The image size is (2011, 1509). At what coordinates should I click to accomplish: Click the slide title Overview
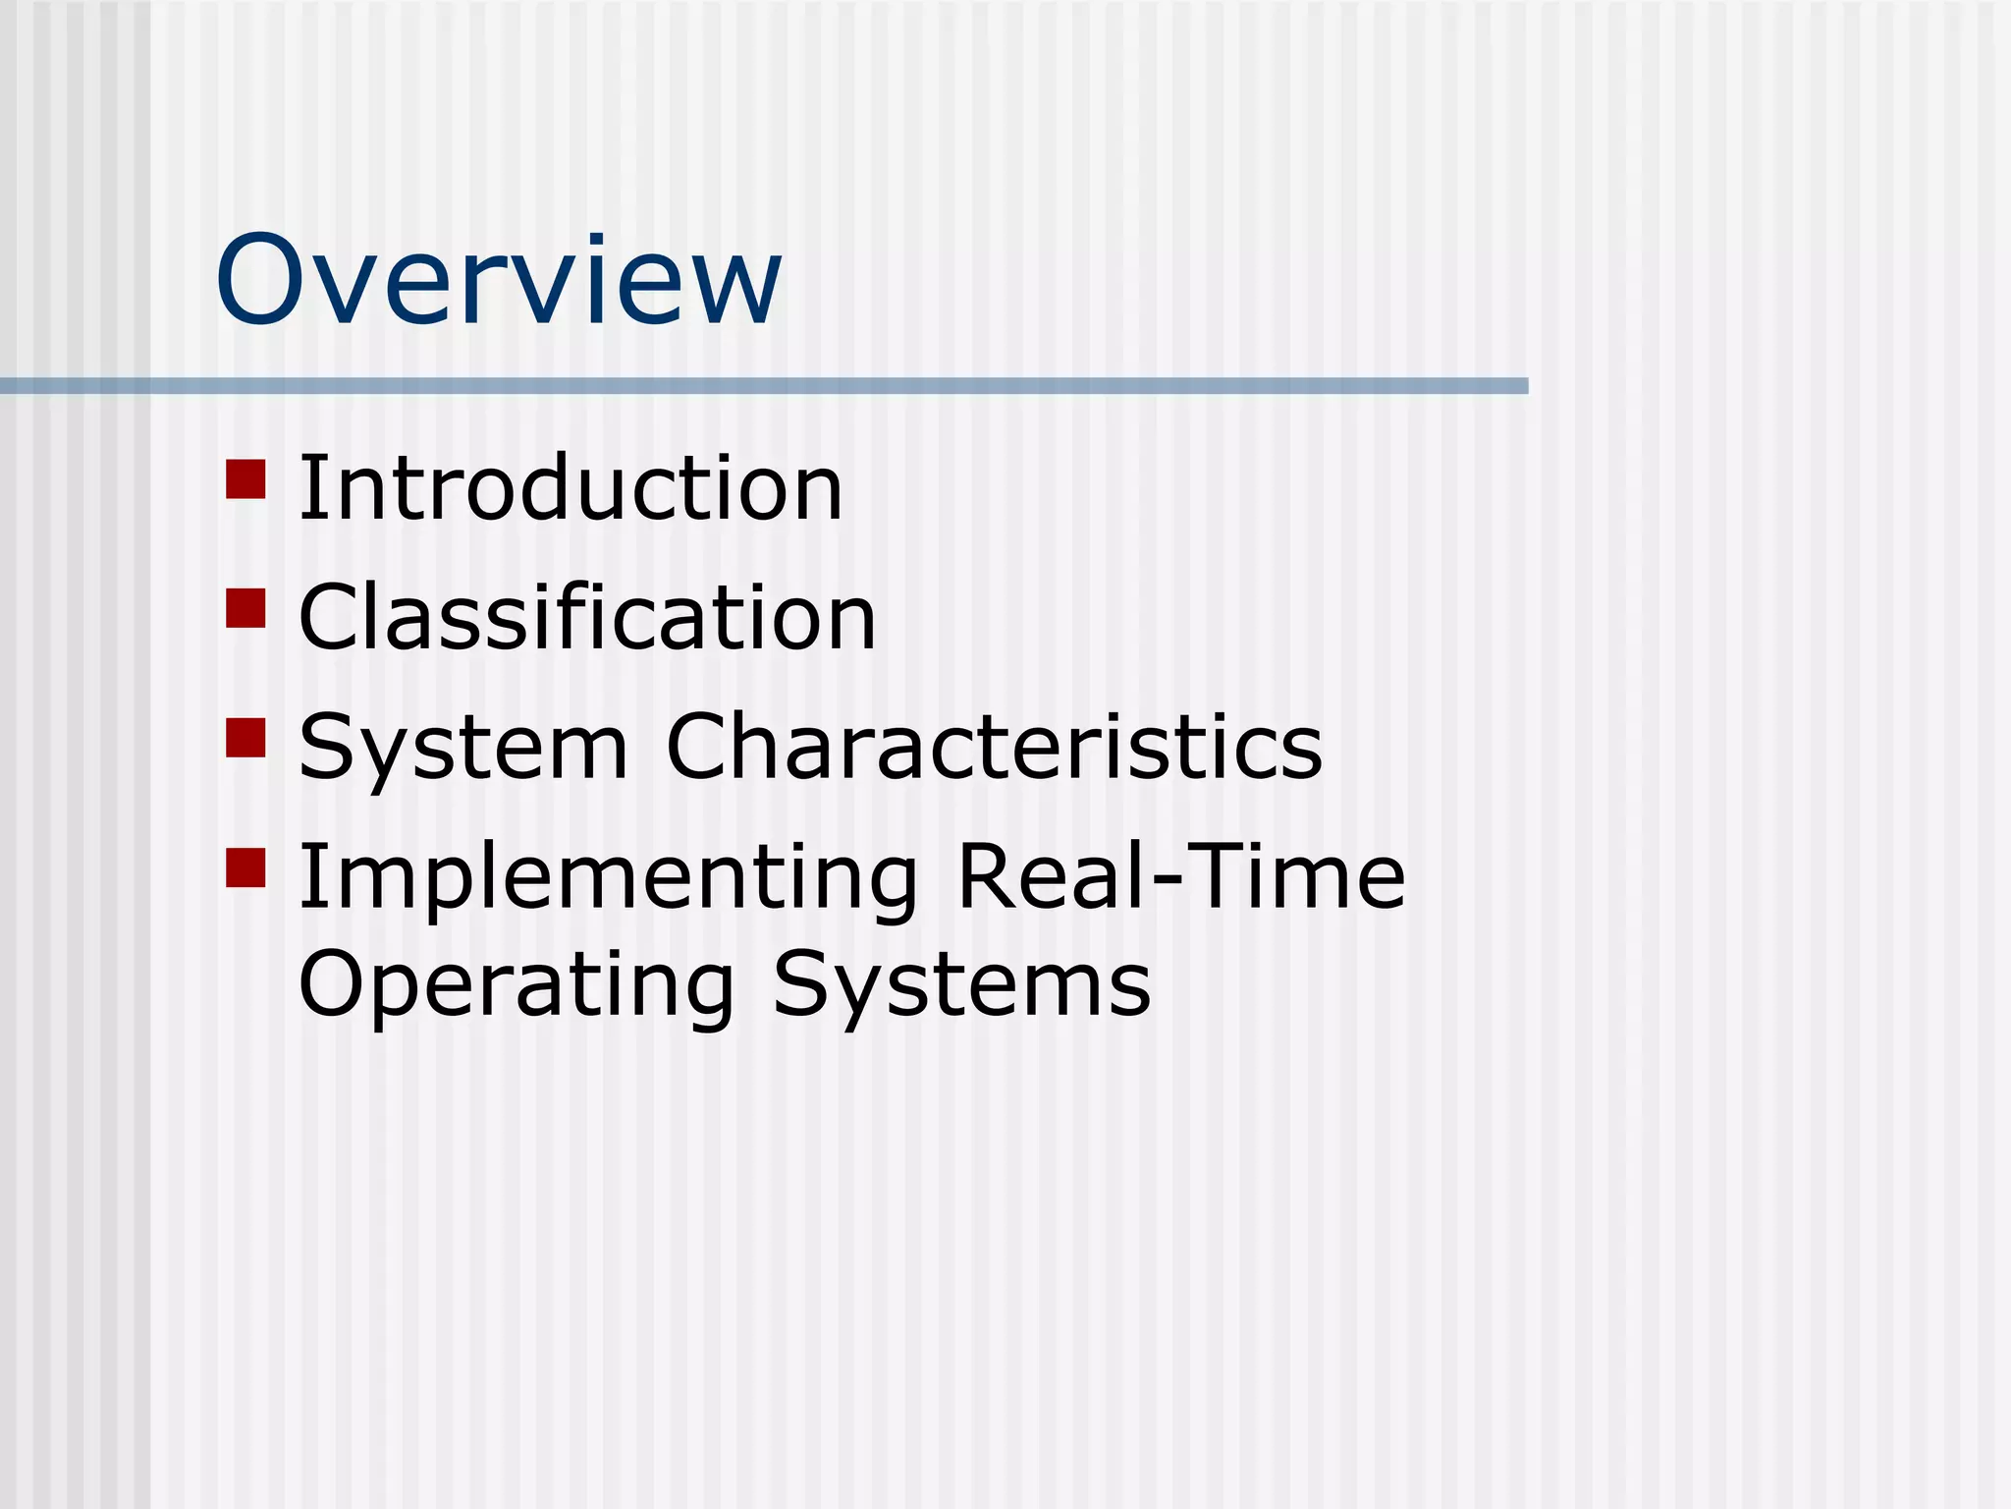[498, 281]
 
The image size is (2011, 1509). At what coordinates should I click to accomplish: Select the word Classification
[586, 618]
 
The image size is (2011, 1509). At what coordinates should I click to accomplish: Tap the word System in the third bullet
[462, 748]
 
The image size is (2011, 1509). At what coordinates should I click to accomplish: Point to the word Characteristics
[994, 748]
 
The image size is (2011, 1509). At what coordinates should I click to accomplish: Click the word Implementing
[608, 877]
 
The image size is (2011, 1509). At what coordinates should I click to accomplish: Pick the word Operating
[516, 984]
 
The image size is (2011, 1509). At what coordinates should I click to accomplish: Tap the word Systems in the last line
[961, 984]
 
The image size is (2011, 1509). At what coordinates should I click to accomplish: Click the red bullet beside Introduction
[245, 478]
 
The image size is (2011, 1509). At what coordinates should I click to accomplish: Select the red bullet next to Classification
[245, 608]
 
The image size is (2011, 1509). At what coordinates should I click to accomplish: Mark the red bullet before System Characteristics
[245, 738]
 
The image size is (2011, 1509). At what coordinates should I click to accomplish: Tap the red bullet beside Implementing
[245, 867]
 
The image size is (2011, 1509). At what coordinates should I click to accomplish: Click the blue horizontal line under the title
[764, 386]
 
